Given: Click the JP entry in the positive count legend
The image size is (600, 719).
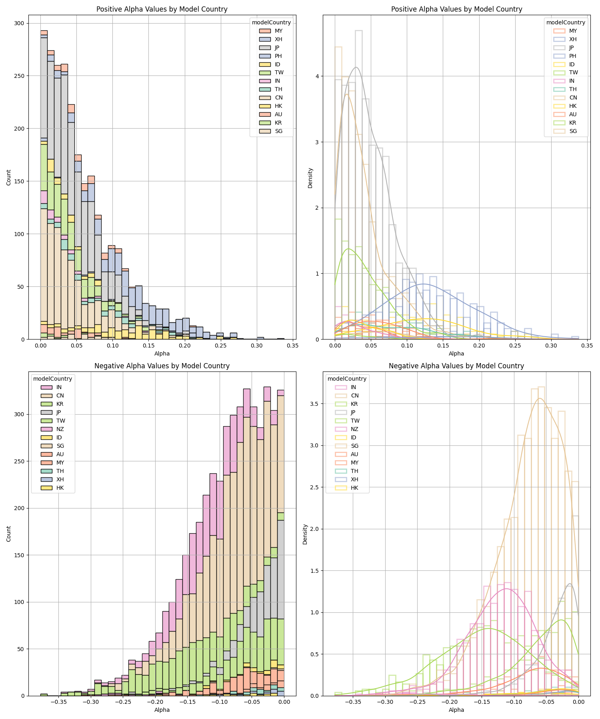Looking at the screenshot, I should click(x=278, y=48).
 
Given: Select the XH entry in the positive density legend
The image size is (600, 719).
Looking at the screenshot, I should click(x=573, y=39).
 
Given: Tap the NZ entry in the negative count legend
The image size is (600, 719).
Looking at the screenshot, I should click(x=60, y=429).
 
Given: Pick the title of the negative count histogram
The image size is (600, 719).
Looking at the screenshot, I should click(x=162, y=366).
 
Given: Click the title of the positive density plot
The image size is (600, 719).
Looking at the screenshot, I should click(x=456, y=9).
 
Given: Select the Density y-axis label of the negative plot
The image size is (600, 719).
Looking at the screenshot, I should click(x=305, y=534).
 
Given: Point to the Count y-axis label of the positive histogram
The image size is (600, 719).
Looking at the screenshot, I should click(x=9, y=177).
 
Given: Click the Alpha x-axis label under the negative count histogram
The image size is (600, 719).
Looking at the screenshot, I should click(x=162, y=710).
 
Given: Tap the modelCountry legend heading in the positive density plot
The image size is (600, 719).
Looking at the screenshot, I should click(x=566, y=22).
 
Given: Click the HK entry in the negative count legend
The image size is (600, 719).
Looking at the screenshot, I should click(x=60, y=488).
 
